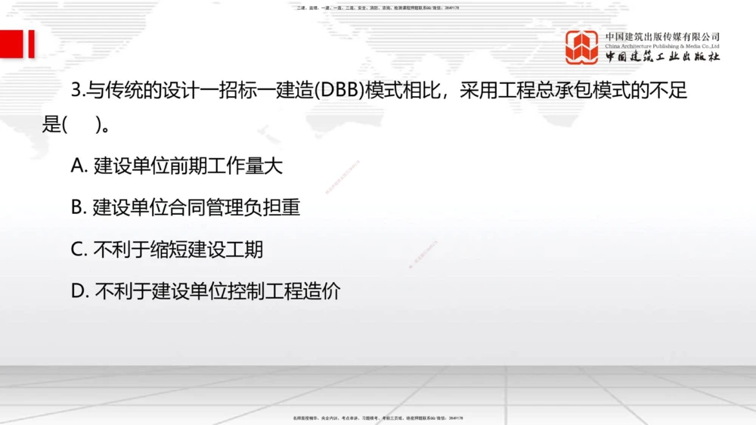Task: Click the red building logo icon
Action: pos(582,47)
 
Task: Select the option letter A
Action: pos(79,166)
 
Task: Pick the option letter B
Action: pos(79,208)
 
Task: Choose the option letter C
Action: pos(79,250)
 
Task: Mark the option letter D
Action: pos(79,291)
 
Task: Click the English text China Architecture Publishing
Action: pos(662,46)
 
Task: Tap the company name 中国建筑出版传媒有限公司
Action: pos(662,36)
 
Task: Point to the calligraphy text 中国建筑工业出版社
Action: pos(662,57)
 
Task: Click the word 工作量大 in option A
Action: pos(245,166)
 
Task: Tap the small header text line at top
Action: pos(378,8)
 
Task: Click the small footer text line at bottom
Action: pos(378,417)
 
